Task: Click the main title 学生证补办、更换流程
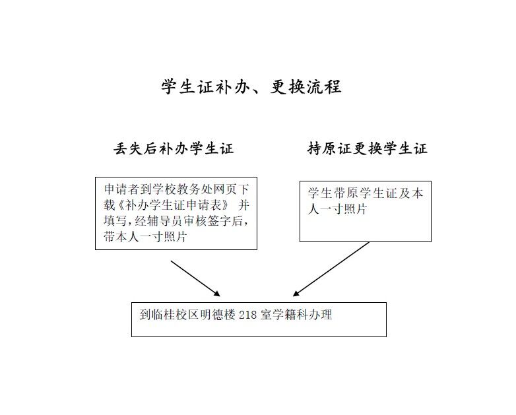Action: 251,87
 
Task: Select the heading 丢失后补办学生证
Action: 174,148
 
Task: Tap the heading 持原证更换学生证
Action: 368,148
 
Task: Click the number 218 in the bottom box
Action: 247,315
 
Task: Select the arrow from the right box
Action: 331,269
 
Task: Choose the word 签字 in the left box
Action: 220,221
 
